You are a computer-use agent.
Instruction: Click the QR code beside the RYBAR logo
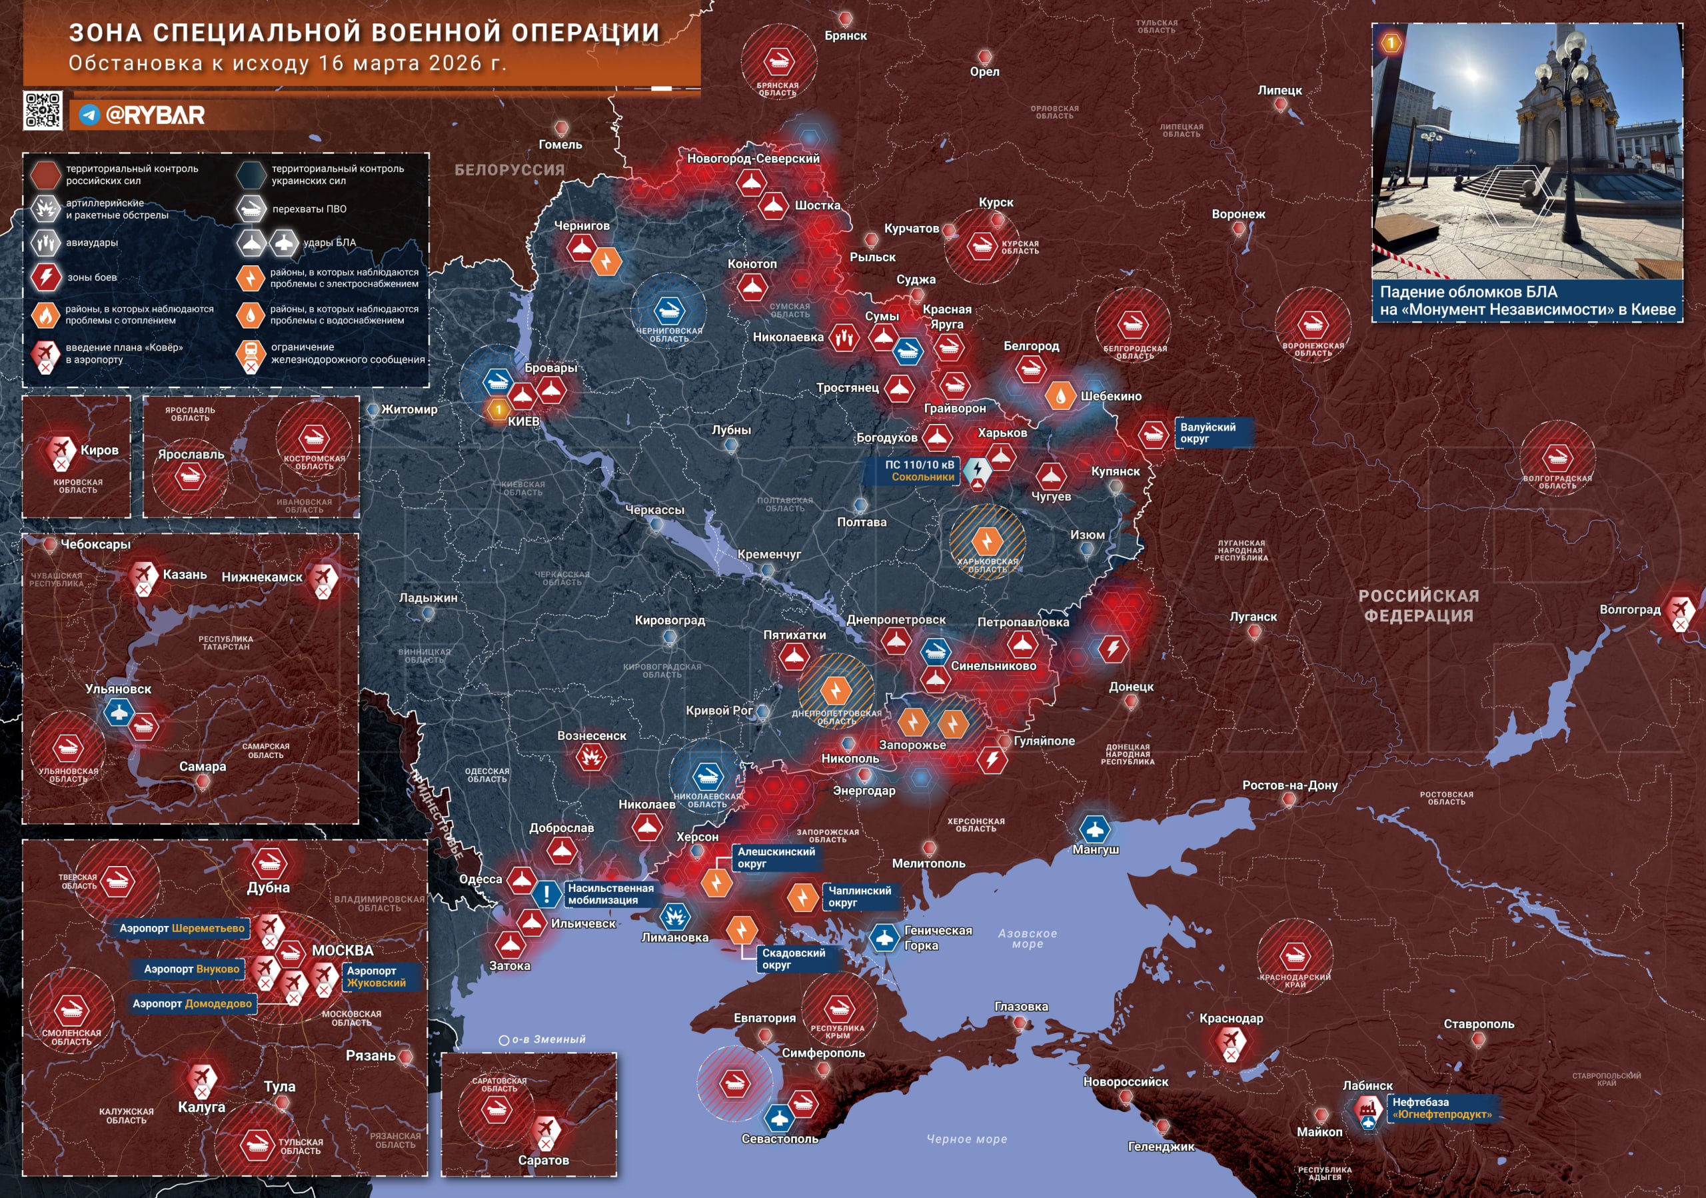(x=43, y=110)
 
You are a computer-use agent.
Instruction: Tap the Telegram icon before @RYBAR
(x=90, y=115)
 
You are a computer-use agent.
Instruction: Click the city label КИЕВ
(x=523, y=421)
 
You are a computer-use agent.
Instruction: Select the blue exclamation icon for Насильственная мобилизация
(x=547, y=894)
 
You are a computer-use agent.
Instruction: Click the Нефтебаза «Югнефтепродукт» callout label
(x=1441, y=1108)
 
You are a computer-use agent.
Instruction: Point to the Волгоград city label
(x=1629, y=609)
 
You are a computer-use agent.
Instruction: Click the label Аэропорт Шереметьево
(x=182, y=928)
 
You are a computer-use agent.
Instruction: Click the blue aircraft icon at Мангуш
(x=1094, y=828)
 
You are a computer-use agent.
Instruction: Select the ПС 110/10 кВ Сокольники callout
(x=919, y=471)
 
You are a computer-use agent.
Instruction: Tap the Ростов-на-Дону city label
(x=1290, y=785)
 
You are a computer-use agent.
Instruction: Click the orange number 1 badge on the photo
(x=1391, y=43)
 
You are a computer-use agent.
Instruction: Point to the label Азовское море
(x=1027, y=938)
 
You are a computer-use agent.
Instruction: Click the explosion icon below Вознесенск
(x=592, y=757)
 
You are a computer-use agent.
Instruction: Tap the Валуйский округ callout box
(x=1208, y=433)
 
